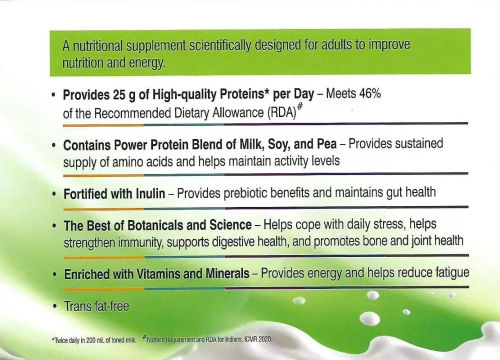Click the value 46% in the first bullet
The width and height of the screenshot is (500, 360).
[x=369, y=93]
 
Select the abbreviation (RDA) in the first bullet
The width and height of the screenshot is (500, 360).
[x=281, y=112]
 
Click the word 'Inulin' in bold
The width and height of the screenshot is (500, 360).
[x=148, y=193]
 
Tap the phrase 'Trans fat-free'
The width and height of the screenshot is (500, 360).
[x=96, y=305]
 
